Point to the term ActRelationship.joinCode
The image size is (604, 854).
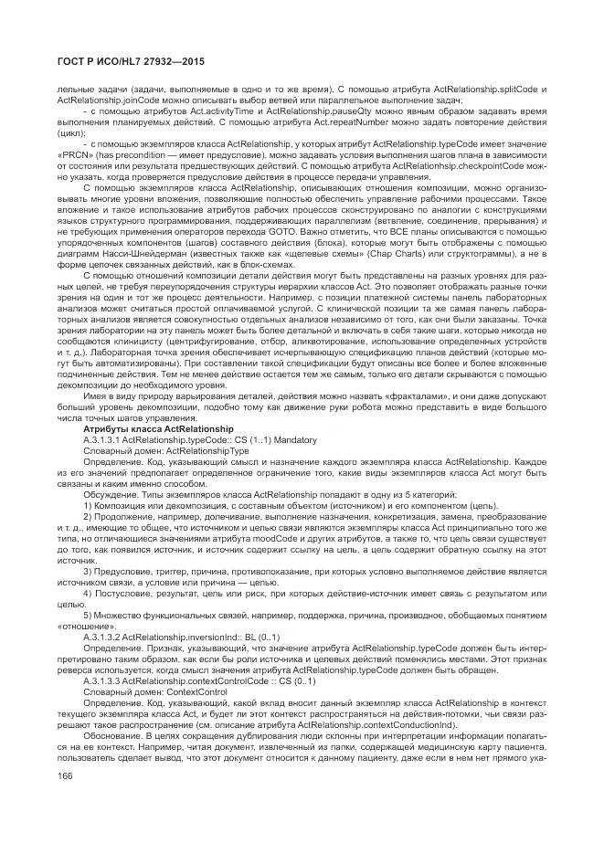point(97,99)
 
